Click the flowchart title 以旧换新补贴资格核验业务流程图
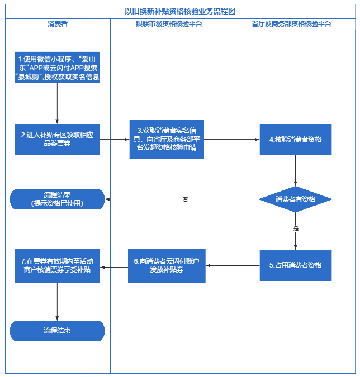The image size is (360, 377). (180, 11)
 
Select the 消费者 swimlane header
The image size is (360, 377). (58, 24)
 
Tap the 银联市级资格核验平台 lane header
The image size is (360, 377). (169, 24)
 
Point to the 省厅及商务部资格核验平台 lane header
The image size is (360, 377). (292, 24)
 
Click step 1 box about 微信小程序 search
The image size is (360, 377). (58, 68)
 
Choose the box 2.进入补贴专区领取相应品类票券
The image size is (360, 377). (58, 139)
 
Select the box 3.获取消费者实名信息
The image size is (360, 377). (167, 139)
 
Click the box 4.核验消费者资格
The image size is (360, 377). (295, 139)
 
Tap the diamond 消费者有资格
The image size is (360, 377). (295, 199)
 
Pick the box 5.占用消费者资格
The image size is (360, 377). (295, 265)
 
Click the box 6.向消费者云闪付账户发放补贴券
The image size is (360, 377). (167, 265)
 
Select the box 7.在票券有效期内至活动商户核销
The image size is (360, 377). (58, 265)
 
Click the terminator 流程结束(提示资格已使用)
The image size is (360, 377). (58, 199)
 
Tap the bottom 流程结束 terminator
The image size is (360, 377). (58, 331)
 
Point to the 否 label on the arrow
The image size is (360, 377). (185, 199)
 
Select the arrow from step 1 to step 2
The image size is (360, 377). (58, 103)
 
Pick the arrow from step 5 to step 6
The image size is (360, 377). (233, 265)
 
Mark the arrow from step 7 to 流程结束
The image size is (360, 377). (58, 302)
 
